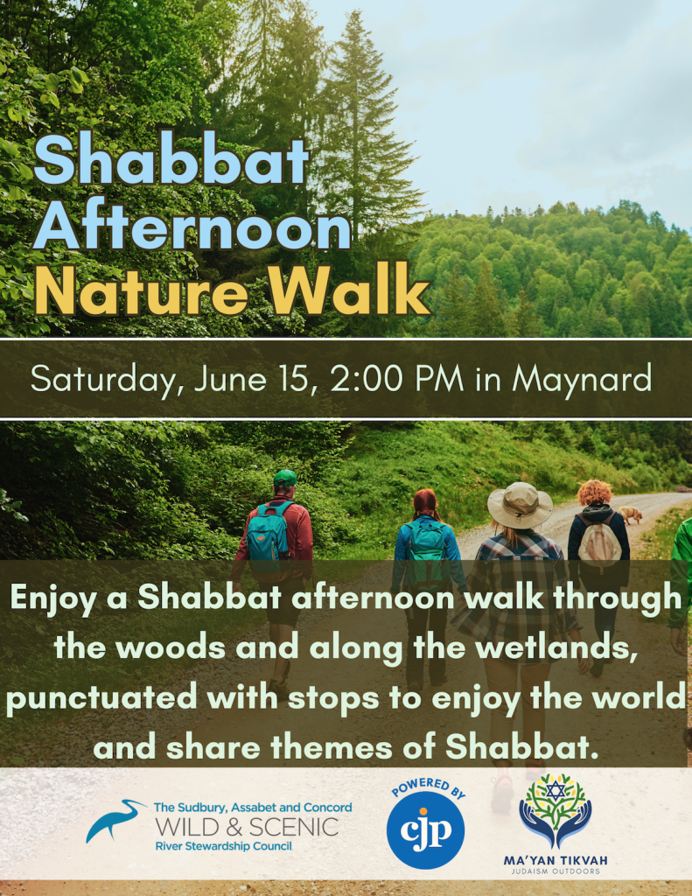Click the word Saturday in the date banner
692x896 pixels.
coord(106,380)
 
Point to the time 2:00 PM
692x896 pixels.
coord(398,380)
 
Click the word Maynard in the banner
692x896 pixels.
coord(582,380)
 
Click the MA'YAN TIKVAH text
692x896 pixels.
coord(556,860)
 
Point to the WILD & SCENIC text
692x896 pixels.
coord(246,827)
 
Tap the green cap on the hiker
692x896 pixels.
coord(284,478)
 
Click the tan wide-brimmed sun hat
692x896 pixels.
coord(520,505)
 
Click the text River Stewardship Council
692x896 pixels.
coord(222,846)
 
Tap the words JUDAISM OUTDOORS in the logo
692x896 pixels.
coord(556,871)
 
